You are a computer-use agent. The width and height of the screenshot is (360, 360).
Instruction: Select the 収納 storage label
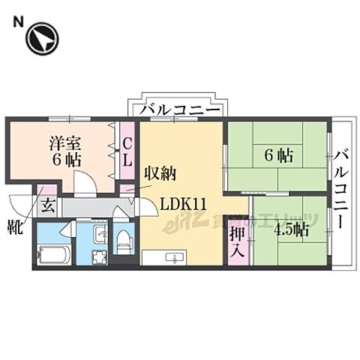pos(160,174)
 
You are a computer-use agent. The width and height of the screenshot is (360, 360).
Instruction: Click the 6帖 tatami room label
pos(277,157)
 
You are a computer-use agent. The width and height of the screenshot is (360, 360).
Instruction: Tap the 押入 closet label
pos(238,241)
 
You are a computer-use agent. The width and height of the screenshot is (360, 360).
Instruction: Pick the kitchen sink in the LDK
pos(175,259)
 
